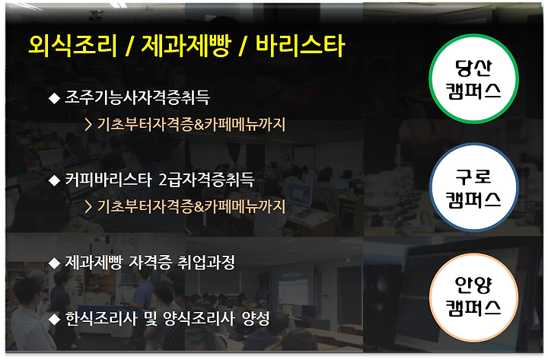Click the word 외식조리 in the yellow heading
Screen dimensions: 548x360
(72, 46)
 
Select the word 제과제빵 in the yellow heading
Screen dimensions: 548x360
(186, 46)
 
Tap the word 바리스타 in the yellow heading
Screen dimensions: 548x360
(300, 46)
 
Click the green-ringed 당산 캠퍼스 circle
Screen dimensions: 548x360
(473, 79)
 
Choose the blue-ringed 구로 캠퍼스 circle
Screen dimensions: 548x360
(473, 188)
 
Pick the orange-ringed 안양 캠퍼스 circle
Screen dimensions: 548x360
(473, 297)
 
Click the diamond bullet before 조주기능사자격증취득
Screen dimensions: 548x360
(54, 98)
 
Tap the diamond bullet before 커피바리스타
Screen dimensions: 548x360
(54, 180)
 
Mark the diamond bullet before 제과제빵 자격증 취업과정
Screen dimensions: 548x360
(54, 263)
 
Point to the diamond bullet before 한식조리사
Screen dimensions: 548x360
(54, 319)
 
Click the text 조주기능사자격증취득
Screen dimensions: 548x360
(137, 97)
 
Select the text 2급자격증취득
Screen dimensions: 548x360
(206, 180)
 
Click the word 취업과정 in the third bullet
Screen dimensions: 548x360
(206, 263)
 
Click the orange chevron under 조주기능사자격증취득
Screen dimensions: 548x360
(88, 125)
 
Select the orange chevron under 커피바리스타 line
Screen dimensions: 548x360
(88, 207)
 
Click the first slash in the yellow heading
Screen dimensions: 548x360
(129, 46)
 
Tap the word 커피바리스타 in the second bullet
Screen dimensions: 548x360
(108, 180)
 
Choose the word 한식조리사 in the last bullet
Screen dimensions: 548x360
(101, 318)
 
